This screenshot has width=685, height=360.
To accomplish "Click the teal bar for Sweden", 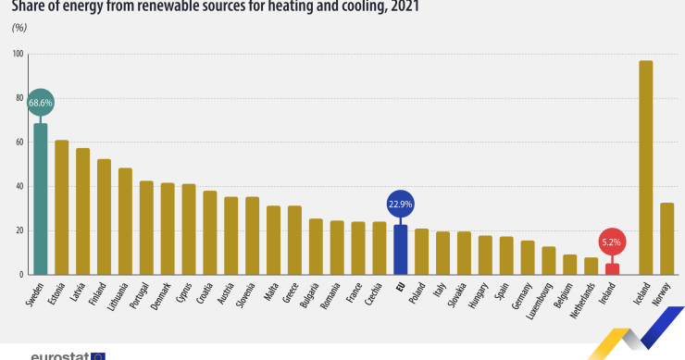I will click(41, 199).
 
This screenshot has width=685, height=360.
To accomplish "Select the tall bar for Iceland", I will click(645, 168).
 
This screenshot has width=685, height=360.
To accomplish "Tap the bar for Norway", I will click(666, 239).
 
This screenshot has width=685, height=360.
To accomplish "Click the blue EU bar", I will click(400, 250).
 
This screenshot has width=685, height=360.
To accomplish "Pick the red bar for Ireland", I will click(612, 269).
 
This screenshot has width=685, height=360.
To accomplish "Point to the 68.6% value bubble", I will click(41, 103).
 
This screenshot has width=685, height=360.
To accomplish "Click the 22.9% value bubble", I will click(400, 205).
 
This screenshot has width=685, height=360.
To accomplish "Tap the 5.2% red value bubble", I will click(612, 243).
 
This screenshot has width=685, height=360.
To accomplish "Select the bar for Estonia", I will click(61, 207).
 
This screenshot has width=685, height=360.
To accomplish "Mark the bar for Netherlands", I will click(591, 267).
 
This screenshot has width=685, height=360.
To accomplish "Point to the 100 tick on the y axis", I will click(18, 54).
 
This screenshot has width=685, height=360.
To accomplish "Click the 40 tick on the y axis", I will click(18, 186).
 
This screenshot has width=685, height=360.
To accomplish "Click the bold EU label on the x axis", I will click(399, 287).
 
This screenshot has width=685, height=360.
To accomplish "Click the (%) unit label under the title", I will click(19, 27).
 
